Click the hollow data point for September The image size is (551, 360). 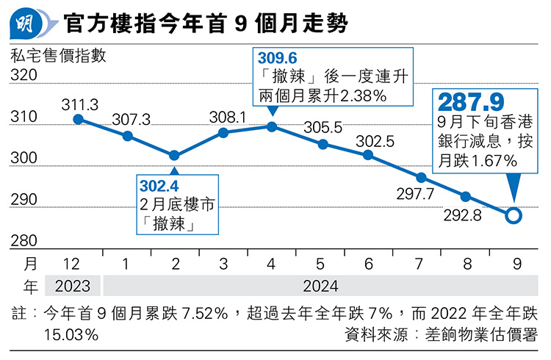(x=514, y=215)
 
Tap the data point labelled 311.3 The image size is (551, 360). (x=79, y=119)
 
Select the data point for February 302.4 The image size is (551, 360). (x=174, y=155)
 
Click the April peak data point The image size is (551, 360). (x=272, y=126)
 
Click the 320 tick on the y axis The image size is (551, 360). (x=24, y=76)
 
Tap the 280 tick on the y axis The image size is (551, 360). (x=24, y=240)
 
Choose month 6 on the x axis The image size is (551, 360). (x=368, y=263)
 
